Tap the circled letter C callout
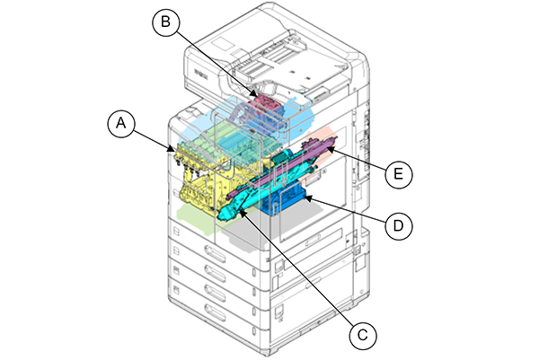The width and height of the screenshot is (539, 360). click(360, 335)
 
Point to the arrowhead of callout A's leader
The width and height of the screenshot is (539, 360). click(172, 146)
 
